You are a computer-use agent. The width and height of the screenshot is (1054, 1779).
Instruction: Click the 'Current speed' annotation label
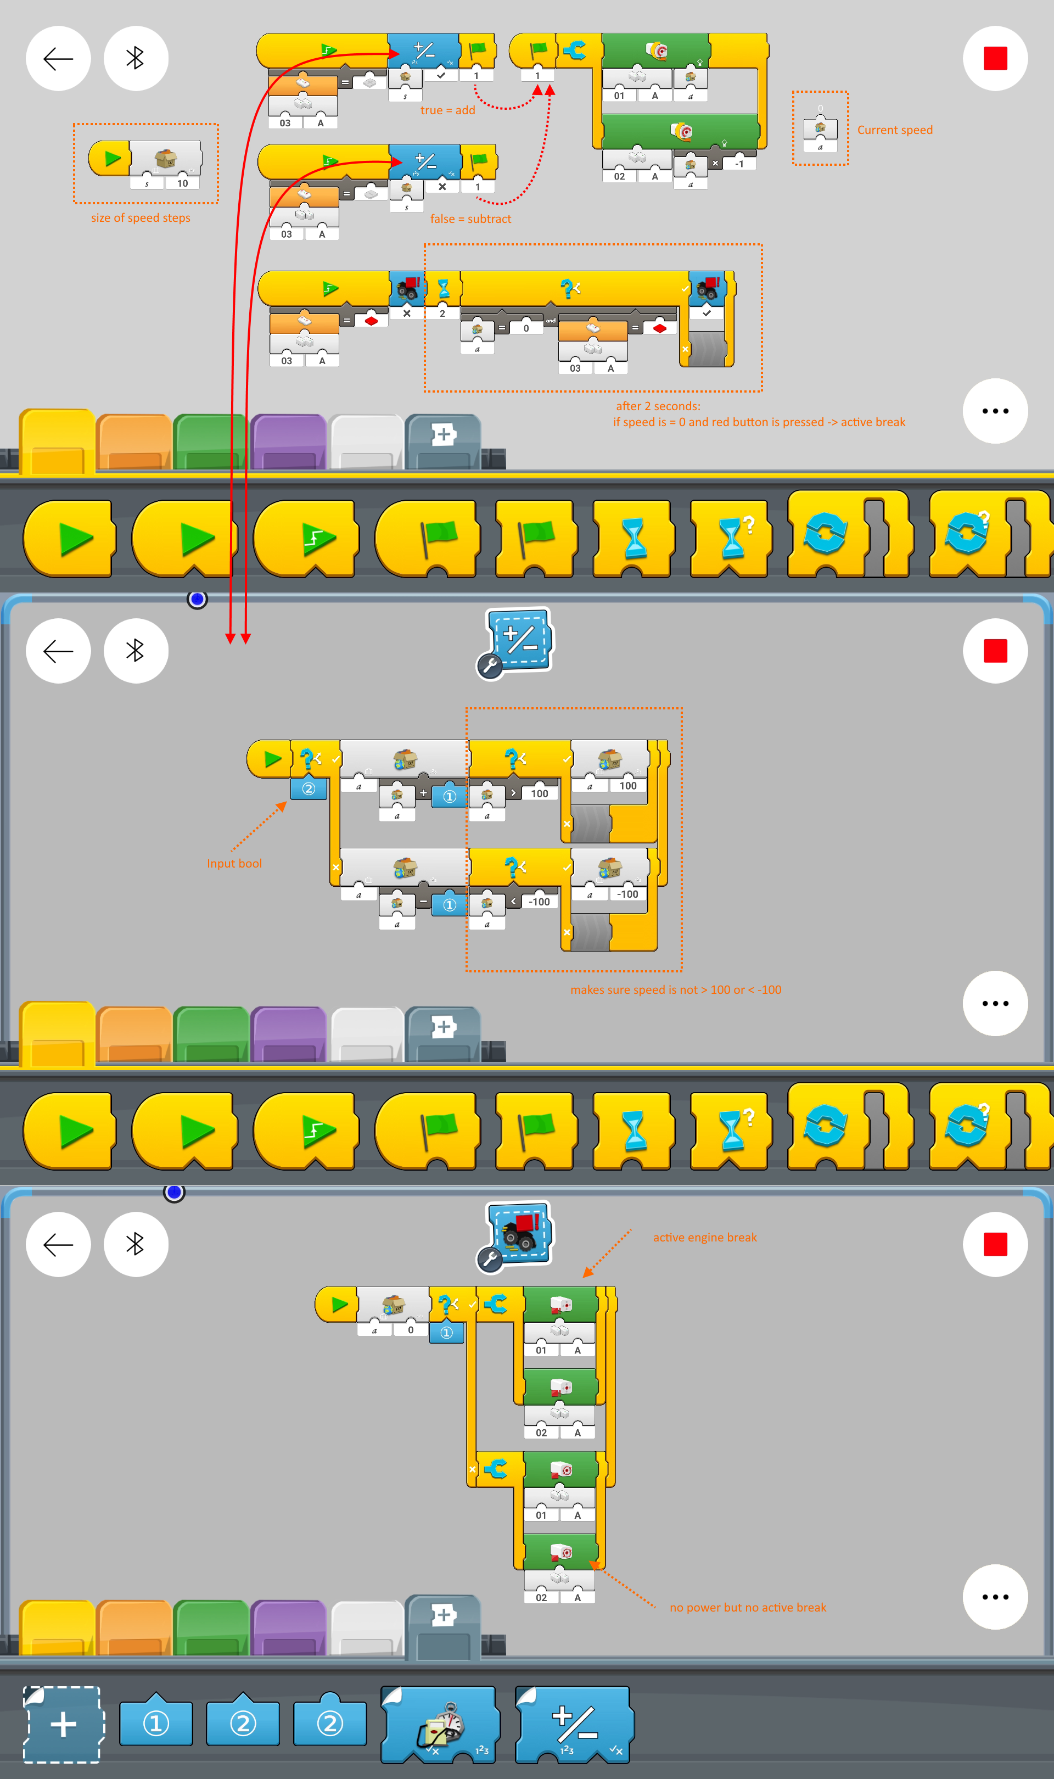(x=894, y=130)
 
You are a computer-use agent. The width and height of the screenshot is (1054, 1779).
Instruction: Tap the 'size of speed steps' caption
(x=141, y=218)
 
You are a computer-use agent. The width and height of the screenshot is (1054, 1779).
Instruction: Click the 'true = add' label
(x=447, y=110)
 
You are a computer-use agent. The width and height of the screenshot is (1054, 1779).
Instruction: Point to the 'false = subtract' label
(x=470, y=219)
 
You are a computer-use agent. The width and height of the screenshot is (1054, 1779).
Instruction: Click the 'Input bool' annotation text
(x=234, y=864)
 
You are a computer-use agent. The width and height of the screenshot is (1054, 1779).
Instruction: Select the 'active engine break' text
(x=704, y=1237)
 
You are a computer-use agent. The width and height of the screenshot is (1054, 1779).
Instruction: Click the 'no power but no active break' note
(x=747, y=1607)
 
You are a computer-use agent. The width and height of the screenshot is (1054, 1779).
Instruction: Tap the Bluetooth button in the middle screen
(x=136, y=651)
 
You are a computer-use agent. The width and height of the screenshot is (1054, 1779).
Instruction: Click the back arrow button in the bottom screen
(x=58, y=1244)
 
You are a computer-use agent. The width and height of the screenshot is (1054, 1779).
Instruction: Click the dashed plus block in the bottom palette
(x=63, y=1724)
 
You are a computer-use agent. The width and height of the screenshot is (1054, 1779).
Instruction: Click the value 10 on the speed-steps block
(x=183, y=183)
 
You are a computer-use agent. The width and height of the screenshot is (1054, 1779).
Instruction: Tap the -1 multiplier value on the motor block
(x=739, y=163)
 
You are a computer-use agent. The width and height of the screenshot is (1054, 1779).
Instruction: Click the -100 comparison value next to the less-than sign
(x=539, y=902)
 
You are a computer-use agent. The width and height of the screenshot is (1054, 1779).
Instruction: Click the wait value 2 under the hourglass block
(x=442, y=313)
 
